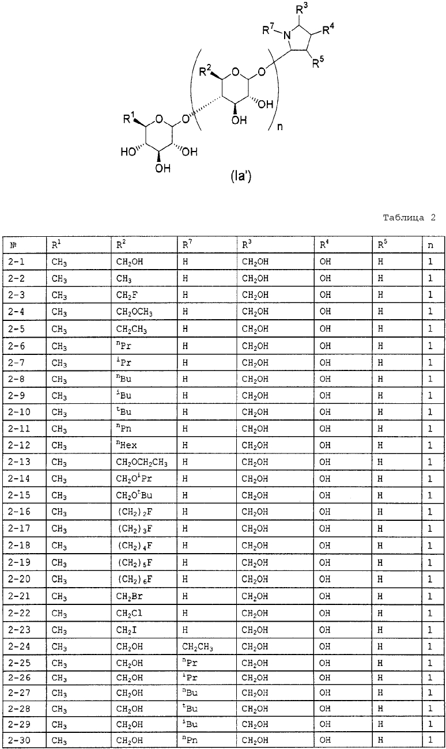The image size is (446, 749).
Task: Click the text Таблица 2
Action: pos(410,217)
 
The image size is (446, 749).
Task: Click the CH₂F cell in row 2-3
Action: pos(125,294)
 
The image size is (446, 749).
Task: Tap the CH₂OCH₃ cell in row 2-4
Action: pos(133,312)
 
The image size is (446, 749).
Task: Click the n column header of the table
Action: pos(429,244)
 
